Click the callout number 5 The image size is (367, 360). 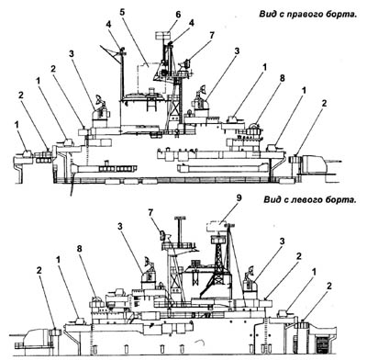pos(122,12)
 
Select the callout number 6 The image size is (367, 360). pos(178,15)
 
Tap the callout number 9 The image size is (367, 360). pos(239,198)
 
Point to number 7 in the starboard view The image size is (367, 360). pos(212,35)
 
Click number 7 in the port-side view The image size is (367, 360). pos(150,212)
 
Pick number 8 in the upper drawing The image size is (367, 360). pos(282,78)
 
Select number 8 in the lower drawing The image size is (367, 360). pos(80,249)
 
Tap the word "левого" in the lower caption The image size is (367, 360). pos(307,200)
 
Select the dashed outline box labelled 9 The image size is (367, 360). pos(217,227)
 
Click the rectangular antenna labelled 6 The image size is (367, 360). pos(163,35)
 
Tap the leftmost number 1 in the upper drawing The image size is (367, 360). pos(17,125)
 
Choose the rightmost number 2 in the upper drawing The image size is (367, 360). pos(324,103)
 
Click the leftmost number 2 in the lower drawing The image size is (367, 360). pos(39,271)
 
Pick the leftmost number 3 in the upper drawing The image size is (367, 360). pos(72,54)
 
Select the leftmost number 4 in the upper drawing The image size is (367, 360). pos(109,25)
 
